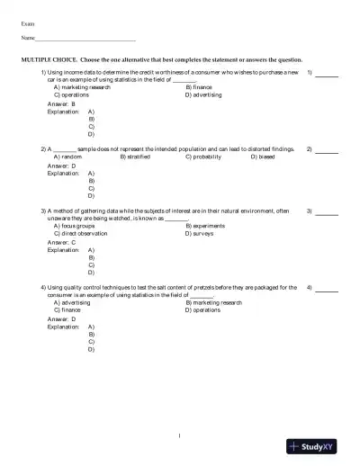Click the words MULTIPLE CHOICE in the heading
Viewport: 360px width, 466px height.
click(x=48, y=58)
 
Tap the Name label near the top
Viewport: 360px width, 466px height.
click(x=28, y=40)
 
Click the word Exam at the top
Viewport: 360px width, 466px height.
click(x=28, y=22)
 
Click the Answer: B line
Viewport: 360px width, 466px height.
click(x=61, y=103)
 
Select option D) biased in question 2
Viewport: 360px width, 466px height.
click(x=265, y=156)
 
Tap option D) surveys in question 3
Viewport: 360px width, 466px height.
click(x=202, y=232)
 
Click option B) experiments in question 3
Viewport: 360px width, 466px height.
click(x=206, y=225)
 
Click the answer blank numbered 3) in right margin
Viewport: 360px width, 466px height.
click(x=327, y=212)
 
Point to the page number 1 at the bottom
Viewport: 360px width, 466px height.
click(x=180, y=435)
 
